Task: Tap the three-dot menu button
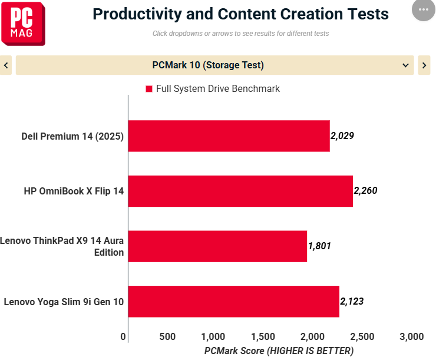[423, 10]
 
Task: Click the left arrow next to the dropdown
[6, 65]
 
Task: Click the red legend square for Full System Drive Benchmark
[148, 89]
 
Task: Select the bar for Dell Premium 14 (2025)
[229, 136]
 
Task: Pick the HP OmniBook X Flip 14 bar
[240, 191]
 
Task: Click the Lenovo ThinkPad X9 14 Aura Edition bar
[217, 246]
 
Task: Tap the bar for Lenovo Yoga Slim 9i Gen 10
[233, 302]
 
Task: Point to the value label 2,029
[342, 136]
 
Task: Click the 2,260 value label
[365, 190]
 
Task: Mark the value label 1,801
[319, 246]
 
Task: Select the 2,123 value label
[352, 301]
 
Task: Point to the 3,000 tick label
[411, 336]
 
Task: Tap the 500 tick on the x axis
[168, 336]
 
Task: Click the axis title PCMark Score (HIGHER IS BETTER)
[279, 351]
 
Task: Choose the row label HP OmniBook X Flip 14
[74, 191]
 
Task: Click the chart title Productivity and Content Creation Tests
[240, 14]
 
